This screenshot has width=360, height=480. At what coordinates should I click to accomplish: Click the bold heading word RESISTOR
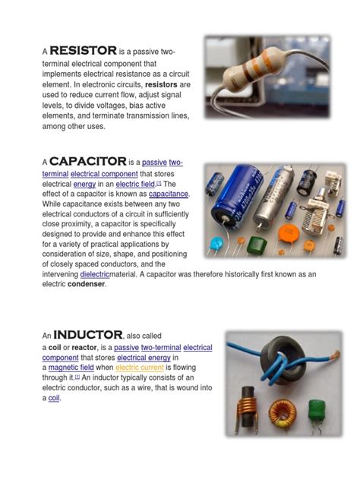coord(84,50)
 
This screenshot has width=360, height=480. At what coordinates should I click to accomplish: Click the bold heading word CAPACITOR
coord(88,161)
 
